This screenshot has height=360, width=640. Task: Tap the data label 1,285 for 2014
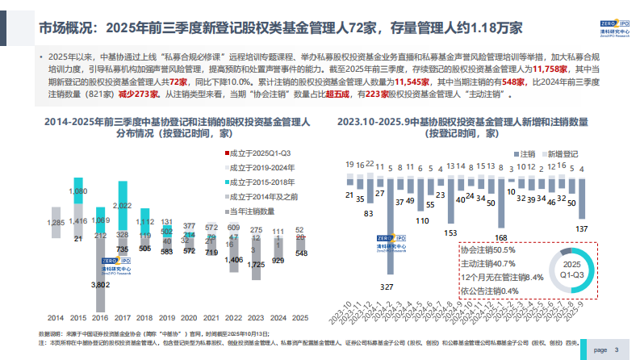(x=56, y=222)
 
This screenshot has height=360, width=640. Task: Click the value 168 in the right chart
(x=500, y=237)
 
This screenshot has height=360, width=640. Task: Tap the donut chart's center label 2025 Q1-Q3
(x=571, y=269)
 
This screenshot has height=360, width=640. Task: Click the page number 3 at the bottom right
(x=617, y=350)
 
